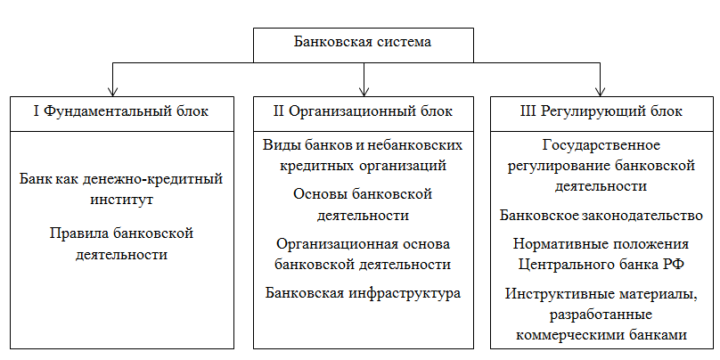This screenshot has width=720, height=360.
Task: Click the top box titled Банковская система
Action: coord(364,45)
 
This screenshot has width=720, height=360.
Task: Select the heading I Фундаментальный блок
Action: coord(121,111)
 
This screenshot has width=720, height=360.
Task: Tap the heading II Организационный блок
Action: coord(363,111)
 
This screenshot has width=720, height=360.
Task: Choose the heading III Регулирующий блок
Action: coord(602,111)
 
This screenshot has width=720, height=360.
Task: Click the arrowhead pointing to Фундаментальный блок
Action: coord(112,91)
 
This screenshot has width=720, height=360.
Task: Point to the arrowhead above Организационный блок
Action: coord(364,91)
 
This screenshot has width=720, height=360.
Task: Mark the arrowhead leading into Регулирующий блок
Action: coord(601,91)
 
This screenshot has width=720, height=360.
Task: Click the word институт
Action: coord(121,200)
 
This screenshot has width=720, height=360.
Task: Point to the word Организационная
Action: coord(332,244)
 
